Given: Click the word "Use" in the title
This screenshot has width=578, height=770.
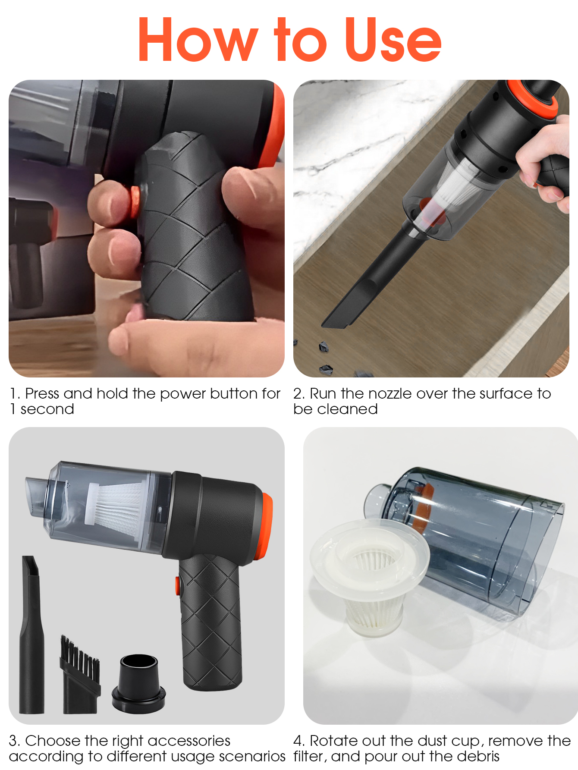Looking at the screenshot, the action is point(393,39).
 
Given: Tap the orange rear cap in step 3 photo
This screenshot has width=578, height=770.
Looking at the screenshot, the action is point(267,526).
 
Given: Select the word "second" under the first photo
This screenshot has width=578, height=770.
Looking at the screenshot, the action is point(47,409).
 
